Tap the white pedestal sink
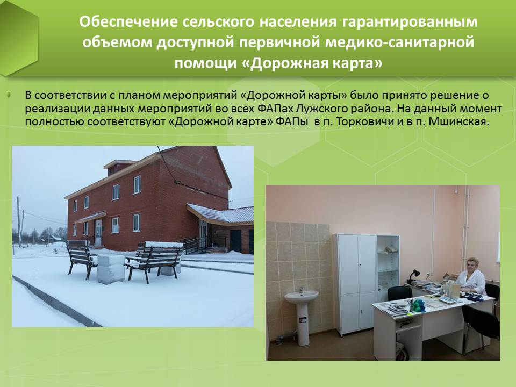click(301, 316)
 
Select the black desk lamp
click(413, 277)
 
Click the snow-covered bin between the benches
click(111, 269)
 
